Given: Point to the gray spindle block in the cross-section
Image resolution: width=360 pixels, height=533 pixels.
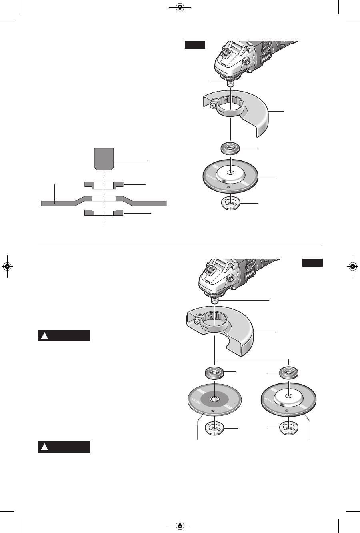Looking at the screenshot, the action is pyautogui.click(x=104, y=158).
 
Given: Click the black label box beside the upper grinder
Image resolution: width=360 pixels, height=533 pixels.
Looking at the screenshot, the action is pyautogui.click(x=195, y=45).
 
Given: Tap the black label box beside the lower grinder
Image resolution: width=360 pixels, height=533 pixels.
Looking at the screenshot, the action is pyautogui.click(x=312, y=263).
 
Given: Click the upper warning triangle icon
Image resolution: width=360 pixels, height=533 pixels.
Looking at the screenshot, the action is pyautogui.click(x=45, y=336).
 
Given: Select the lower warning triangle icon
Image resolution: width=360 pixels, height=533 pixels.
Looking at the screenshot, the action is pyautogui.click(x=45, y=447).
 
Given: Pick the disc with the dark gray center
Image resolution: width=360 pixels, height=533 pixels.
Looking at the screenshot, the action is pyautogui.click(x=214, y=399).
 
